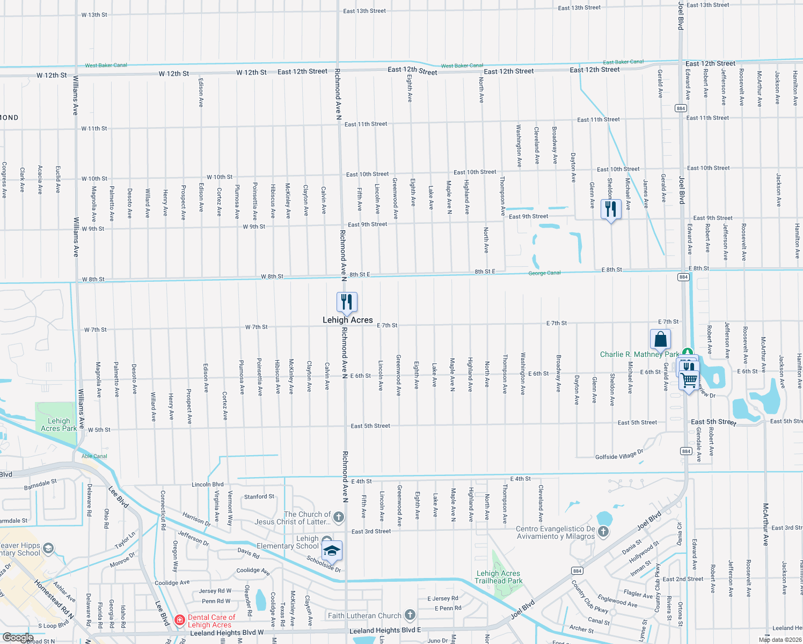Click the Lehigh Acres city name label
[347, 320]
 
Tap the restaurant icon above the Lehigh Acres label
[347, 303]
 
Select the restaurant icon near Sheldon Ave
[611, 209]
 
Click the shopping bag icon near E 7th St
[660, 340]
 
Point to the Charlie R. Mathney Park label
[639, 354]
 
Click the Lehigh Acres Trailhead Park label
[498, 577]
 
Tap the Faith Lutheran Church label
[364, 616]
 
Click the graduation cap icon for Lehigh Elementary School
[331, 551]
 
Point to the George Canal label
[544, 273]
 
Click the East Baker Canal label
[623, 62]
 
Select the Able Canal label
[94, 456]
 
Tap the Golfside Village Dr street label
[619, 456]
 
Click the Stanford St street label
[259, 496]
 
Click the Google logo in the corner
[18, 638]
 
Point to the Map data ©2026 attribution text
[779, 639]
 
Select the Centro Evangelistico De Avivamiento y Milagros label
[555, 532]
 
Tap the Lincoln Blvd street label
[208, 484]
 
